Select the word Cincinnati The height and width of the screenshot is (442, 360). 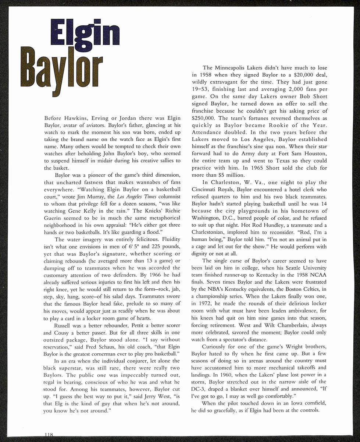click(208, 190)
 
